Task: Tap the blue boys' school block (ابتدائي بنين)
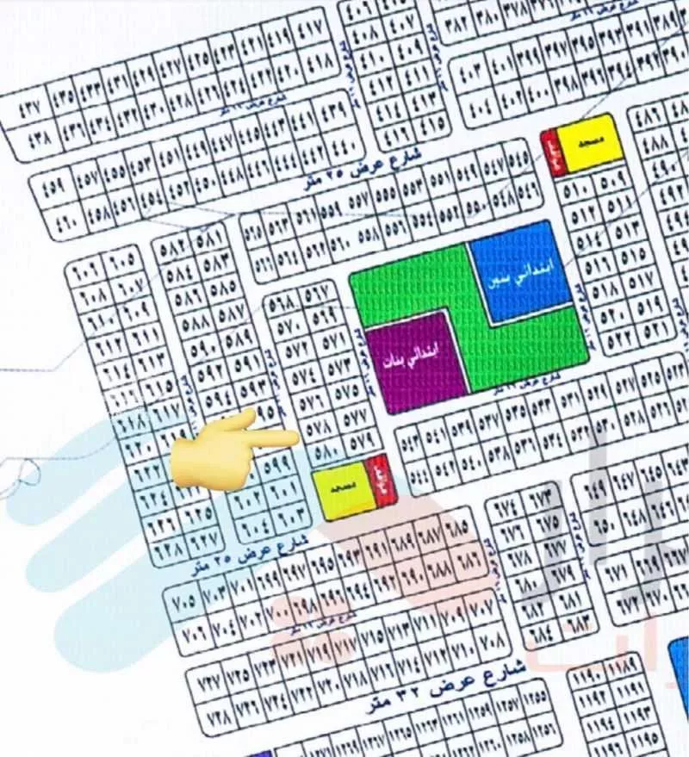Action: [x=521, y=271]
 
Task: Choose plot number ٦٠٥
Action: [x=124, y=257]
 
